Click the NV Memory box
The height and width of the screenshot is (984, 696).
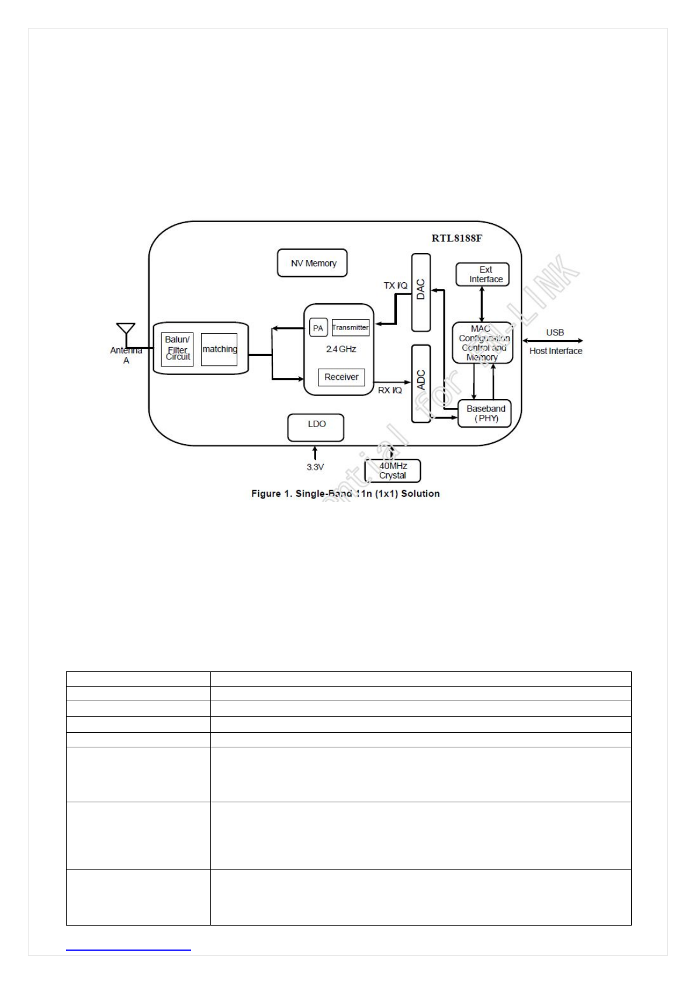pyautogui.click(x=312, y=263)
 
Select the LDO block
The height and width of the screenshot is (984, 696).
pyautogui.click(x=316, y=427)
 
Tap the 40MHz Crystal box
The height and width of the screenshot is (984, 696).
pyautogui.click(x=392, y=470)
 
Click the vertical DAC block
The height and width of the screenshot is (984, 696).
pyautogui.click(x=421, y=292)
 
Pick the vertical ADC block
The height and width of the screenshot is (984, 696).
pyautogui.click(x=421, y=383)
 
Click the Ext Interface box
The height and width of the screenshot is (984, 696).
pyautogui.click(x=482, y=274)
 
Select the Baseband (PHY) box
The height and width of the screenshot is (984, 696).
pyautogui.click(x=484, y=413)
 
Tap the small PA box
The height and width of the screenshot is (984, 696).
pyautogui.click(x=318, y=328)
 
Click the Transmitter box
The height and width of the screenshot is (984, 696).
pyautogui.click(x=350, y=327)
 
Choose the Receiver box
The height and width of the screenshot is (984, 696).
pyautogui.click(x=341, y=377)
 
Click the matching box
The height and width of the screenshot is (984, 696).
pyautogui.click(x=219, y=349)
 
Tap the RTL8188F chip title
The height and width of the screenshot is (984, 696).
pyautogui.click(x=456, y=238)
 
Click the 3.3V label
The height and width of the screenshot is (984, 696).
pyautogui.click(x=315, y=467)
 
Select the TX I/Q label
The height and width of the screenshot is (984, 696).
pyautogui.click(x=395, y=285)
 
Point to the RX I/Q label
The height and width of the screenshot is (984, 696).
pyautogui.click(x=390, y=390)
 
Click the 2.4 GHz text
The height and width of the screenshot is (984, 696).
pyautogui.click(x=341, y=349)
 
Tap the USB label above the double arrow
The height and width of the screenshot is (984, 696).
pyautogui.click(x=555, y=332)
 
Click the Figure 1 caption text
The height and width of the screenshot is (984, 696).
pyautogui.click(x=345, y=494)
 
